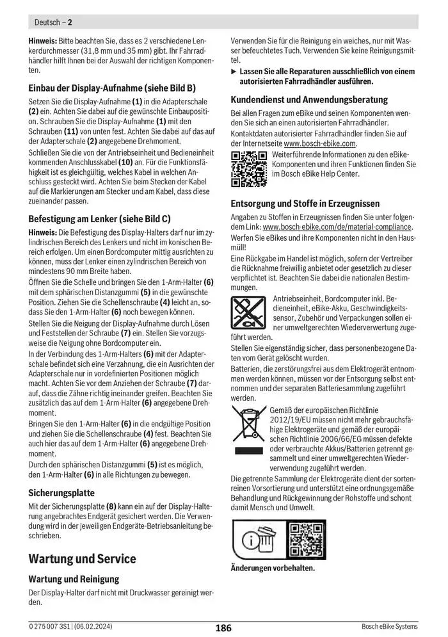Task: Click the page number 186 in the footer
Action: point(223,628)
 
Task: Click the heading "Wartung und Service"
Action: point(82,559)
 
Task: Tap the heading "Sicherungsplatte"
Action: point(61,493)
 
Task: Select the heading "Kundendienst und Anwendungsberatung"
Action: point(309,100)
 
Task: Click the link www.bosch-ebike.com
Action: point(319,143)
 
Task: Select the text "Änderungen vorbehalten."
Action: point(273,568)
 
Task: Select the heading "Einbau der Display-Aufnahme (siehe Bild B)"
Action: point(112,88)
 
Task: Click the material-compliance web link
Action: point(337,227)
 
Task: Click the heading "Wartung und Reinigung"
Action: point(74,579)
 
